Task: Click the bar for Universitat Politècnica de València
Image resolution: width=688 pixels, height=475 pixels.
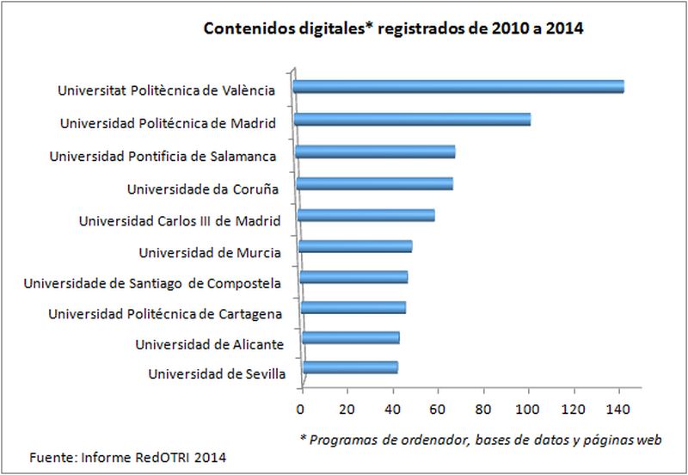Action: (x=458, y=87)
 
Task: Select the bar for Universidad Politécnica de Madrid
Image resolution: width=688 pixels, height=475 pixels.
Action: (x=413, y=120)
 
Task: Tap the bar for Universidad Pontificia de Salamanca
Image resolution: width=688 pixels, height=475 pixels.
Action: (x=375, y=152)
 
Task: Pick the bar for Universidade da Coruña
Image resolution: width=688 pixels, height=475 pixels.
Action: (x=374, y=183)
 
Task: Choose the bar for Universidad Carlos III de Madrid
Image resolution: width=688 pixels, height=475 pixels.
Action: (x=365, y=215)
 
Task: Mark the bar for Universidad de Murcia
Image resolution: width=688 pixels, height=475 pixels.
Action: (x=355, y=246)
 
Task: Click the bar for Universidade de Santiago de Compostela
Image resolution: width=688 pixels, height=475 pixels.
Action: (x=353, y=277)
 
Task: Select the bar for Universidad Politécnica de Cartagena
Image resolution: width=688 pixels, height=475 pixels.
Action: (x=353, y=307)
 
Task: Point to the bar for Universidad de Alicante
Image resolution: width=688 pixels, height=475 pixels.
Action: (x=350, y=337)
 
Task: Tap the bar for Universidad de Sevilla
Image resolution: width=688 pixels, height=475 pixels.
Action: (x=349, y=368)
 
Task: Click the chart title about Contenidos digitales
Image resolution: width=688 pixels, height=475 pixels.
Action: (x=393, y=28)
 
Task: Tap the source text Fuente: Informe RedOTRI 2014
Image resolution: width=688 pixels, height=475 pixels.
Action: (x=128, y=456)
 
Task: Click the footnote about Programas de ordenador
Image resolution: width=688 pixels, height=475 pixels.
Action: (x=480, y=439)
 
